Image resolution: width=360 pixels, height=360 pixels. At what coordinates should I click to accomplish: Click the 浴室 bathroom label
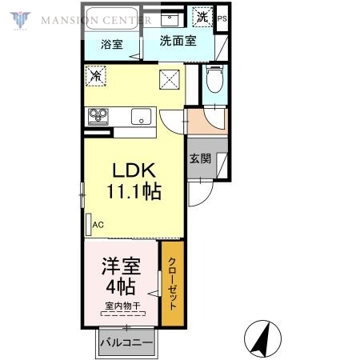tap(112, 45)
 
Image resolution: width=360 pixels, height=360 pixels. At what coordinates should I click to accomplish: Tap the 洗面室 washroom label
tap(178, 41)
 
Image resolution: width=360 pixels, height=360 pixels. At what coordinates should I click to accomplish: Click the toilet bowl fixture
tap(214, 81)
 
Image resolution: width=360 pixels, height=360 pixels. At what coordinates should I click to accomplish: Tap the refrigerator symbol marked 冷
tap(96, 77)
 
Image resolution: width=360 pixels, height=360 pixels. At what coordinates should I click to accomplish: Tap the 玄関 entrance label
tap(200, 158)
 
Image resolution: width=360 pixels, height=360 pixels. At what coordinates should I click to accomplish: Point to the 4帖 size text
tap(118, 286)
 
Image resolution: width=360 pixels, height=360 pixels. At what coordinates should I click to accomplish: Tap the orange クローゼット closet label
tap(172, 282)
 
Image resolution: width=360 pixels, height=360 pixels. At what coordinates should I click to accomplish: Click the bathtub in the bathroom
tap(112, 18)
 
